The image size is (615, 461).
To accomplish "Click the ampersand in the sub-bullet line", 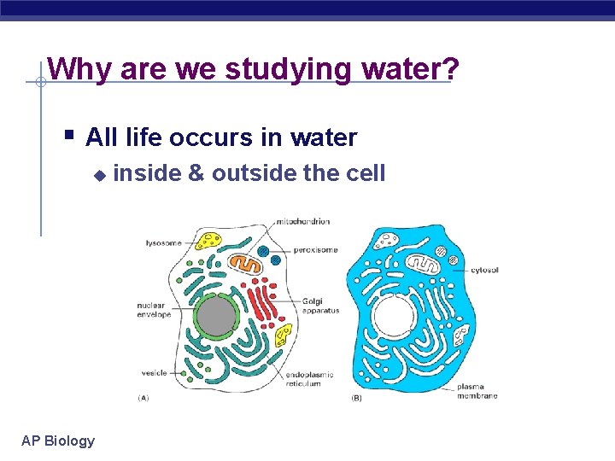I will click(x=196, y=173).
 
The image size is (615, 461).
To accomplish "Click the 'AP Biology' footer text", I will click(x=58, y=441).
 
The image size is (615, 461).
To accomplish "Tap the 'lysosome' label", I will click(x=162, y=243).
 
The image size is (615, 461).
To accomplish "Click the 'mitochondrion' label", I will click(x=302, y=222).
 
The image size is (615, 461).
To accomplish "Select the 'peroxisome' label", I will click(x=315, y=250).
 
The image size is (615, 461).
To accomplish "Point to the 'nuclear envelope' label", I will click(x=154, y=310).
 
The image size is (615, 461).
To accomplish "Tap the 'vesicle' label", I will click(x=154, y=373).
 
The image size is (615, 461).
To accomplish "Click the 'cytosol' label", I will click(x=484, y=270).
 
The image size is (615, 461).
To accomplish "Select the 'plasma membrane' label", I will click(x=477, y=391).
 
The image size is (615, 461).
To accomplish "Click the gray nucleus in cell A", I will click(x=216, y=317).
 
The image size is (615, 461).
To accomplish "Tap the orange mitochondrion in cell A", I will click(x=248, y=264).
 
